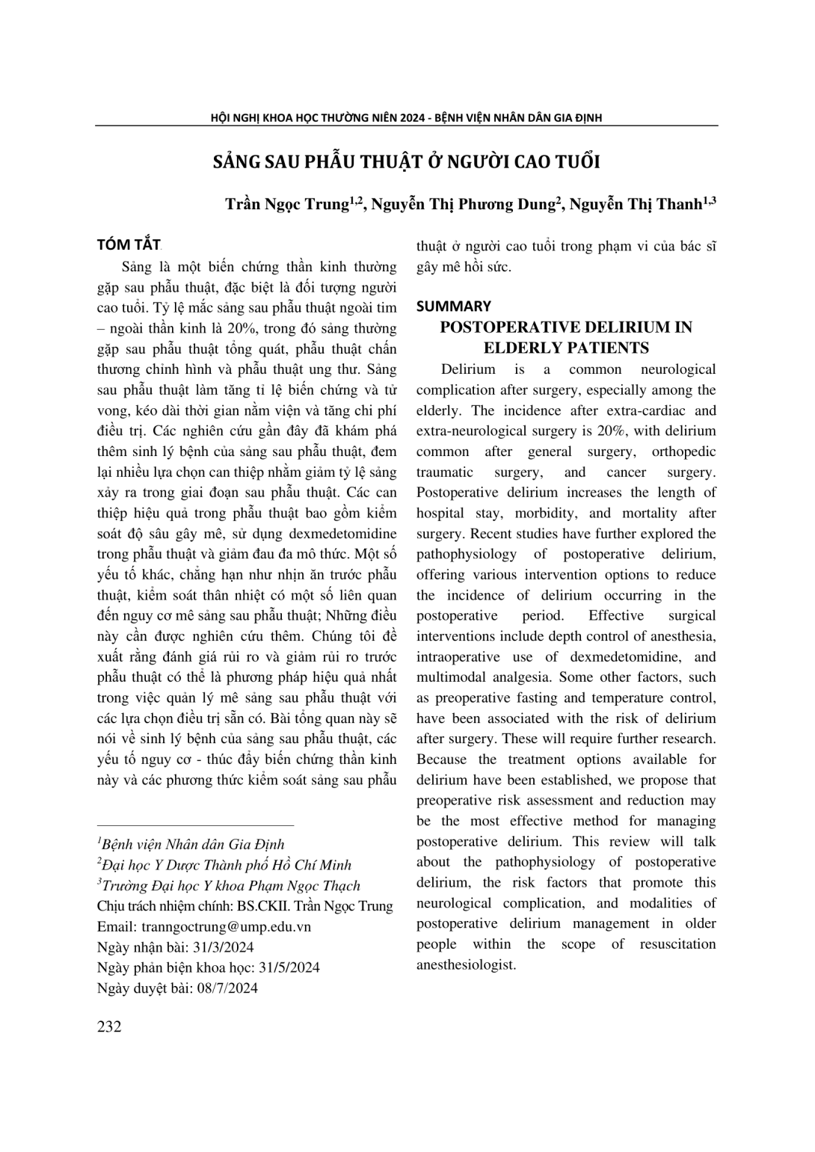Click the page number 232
109,1026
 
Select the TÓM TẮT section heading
129,246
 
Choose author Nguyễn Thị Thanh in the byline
641,204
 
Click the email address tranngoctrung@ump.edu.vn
226,926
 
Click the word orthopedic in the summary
683,452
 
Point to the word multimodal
456,677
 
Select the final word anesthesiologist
466,964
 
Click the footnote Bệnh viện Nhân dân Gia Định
193,845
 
